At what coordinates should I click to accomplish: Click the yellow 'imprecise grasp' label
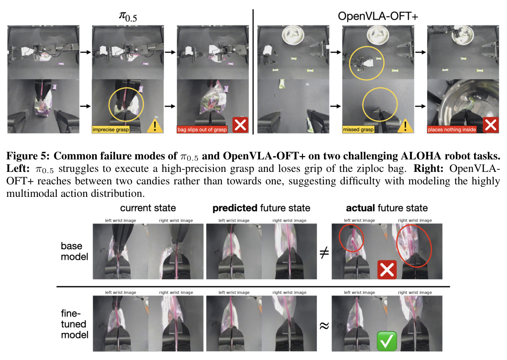[x=111, y=129]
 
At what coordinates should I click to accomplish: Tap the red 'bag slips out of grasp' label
[x=202, y=129]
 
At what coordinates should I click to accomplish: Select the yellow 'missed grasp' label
[x=358, y=129]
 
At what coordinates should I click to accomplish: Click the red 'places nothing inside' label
[x=452, y=129]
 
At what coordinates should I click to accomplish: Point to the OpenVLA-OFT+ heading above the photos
[x=378, y=16]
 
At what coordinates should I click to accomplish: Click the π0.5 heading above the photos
[x=128, y=17]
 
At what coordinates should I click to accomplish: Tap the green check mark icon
[x=387, y=341]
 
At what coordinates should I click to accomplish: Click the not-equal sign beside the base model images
[x=324, y=253]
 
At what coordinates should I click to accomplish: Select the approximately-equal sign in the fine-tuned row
[x=324, y=326]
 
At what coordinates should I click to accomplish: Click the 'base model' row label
[x=74, y=251]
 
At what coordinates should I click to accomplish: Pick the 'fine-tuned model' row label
[x=74, y=324]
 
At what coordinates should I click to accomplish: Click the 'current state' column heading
[x=148, y=208]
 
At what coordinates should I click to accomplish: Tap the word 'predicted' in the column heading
[x=235, y=208]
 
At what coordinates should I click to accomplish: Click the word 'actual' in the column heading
[x=361, y=208]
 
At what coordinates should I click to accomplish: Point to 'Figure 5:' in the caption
[x=28, y=156]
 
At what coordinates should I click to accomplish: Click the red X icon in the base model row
[x=387, y=270]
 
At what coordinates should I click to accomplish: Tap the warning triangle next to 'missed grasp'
[x=405, y=126]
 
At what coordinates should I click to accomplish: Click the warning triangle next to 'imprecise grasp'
[x=155, y=126]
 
